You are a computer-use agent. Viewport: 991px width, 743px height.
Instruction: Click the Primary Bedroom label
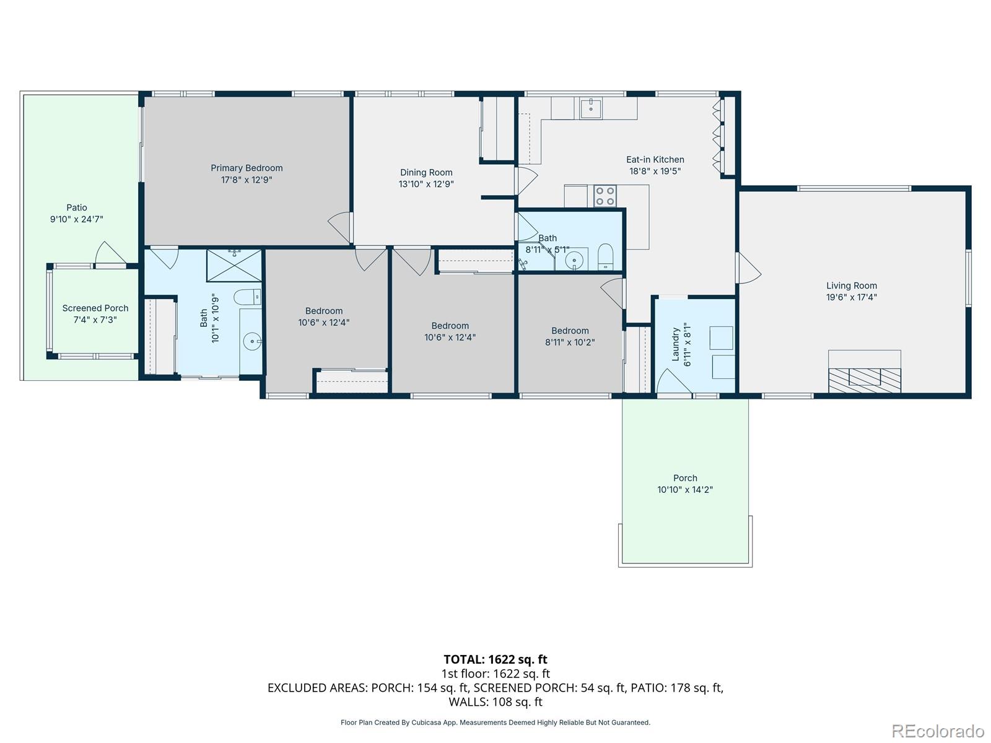click(247, 168)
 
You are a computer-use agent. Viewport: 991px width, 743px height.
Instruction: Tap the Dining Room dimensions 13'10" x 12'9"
click(426, 184)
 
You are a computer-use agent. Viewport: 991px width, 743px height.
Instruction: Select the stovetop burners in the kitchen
click(605, 196)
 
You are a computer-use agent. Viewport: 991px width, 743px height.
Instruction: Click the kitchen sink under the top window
click(591, 108)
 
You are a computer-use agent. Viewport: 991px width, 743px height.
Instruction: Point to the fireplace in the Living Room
click(865, 377)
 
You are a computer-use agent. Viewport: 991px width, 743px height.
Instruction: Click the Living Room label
click(851, 285)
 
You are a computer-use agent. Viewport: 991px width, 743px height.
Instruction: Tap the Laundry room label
click(675, 344)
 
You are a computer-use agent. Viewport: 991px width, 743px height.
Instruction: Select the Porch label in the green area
click(685, 478)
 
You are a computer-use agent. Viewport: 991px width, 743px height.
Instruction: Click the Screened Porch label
click(95, 308)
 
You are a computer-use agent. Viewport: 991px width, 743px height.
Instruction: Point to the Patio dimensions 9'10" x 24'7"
click(77, 219)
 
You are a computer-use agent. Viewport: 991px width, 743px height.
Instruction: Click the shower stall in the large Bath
click(234, 265)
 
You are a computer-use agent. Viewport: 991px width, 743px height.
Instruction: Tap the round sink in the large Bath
click(251, 340)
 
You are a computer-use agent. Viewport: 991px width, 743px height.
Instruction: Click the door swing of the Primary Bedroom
click(341, 227)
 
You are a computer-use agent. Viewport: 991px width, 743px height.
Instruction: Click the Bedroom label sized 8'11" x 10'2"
click(570, 331)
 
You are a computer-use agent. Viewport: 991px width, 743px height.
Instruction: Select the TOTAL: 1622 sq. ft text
click(495, 659)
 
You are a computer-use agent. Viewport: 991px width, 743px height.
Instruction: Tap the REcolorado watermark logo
click(938, 731)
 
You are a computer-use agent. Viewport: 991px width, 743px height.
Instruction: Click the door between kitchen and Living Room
click(748, 268)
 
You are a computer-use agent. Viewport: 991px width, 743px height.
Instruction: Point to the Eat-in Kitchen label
click(655, 160)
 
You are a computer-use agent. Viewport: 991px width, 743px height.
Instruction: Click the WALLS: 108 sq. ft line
click(495, 702)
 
